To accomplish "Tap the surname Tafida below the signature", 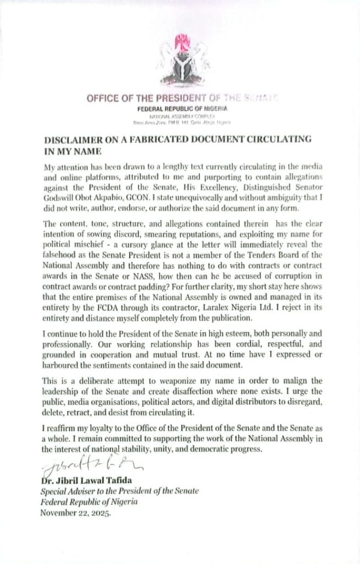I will coord(129,480).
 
